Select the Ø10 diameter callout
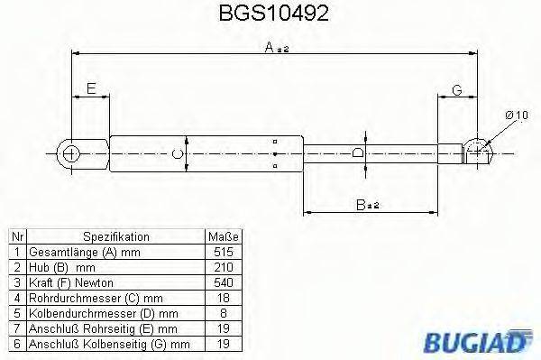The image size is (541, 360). (516, 115)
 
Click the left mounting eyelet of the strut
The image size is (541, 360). (71, 153)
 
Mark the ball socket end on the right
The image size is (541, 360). (477, 152)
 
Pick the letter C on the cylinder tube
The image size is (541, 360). (178, 153)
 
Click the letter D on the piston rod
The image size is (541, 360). (358, 153)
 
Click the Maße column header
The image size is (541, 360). (221, 235)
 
